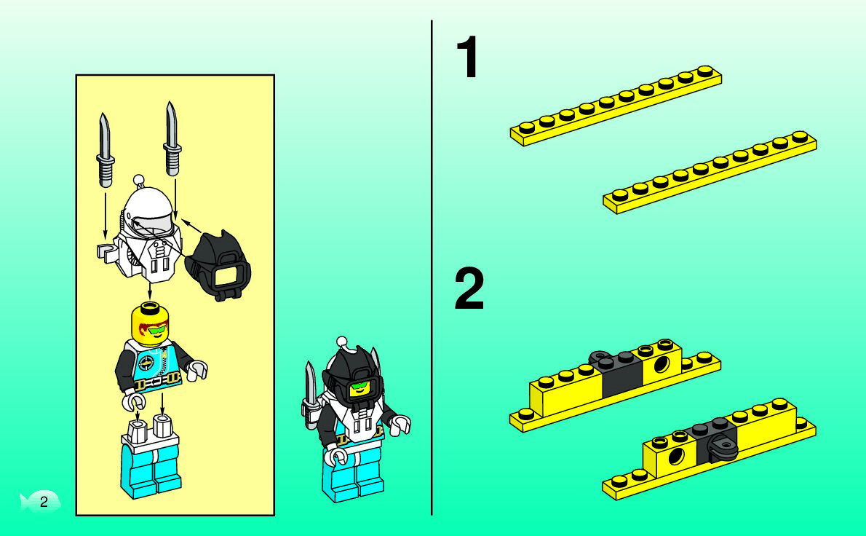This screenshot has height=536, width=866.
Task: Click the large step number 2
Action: point(469,288)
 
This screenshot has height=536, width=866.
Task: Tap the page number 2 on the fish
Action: point(44,502)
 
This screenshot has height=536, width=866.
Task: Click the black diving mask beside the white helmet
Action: point(218,266)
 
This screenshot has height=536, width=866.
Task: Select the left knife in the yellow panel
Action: point(105,149)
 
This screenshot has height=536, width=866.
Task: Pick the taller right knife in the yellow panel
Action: point(172,138)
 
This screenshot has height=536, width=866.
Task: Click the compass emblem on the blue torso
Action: point(146,363)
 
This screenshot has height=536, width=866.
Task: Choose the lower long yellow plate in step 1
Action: point(710,172)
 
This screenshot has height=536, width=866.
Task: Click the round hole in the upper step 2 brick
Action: point(662,364)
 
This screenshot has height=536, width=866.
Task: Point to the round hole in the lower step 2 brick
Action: point(675,457)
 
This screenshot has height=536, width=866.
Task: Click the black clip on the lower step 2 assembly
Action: point(722,446)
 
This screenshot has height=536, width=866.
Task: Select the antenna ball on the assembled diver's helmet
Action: point(342,342)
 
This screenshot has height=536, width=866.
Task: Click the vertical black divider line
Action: point(432,268)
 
